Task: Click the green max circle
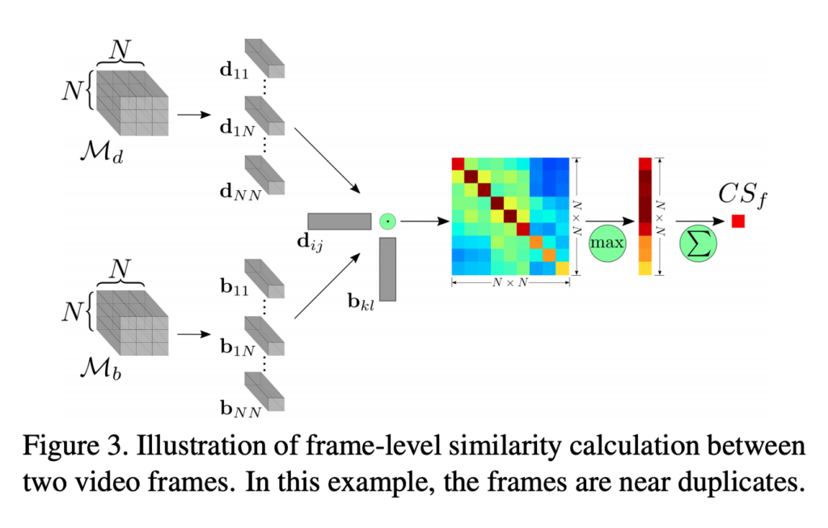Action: coord(607,243)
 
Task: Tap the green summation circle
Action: coord(698,243)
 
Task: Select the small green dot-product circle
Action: coord(387,222)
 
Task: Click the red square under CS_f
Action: coord(738,222)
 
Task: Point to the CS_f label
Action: coord(742,196)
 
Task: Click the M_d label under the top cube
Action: coord(102,152)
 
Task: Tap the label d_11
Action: coord(234,71)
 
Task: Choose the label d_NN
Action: coord(240,192)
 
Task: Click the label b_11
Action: coord(234,287)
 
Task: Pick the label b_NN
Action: coord(240,408)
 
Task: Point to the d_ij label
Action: coord(310,243)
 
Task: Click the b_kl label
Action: coord(361,302)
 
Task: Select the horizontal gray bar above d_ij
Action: coord(340,222)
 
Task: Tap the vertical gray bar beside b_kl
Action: coord(387,269)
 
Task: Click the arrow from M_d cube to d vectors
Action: coord(194,115)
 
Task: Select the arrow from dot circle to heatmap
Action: coord(425,222)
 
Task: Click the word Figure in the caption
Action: coord(61,446)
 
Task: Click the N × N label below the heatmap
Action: coord(510,282)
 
